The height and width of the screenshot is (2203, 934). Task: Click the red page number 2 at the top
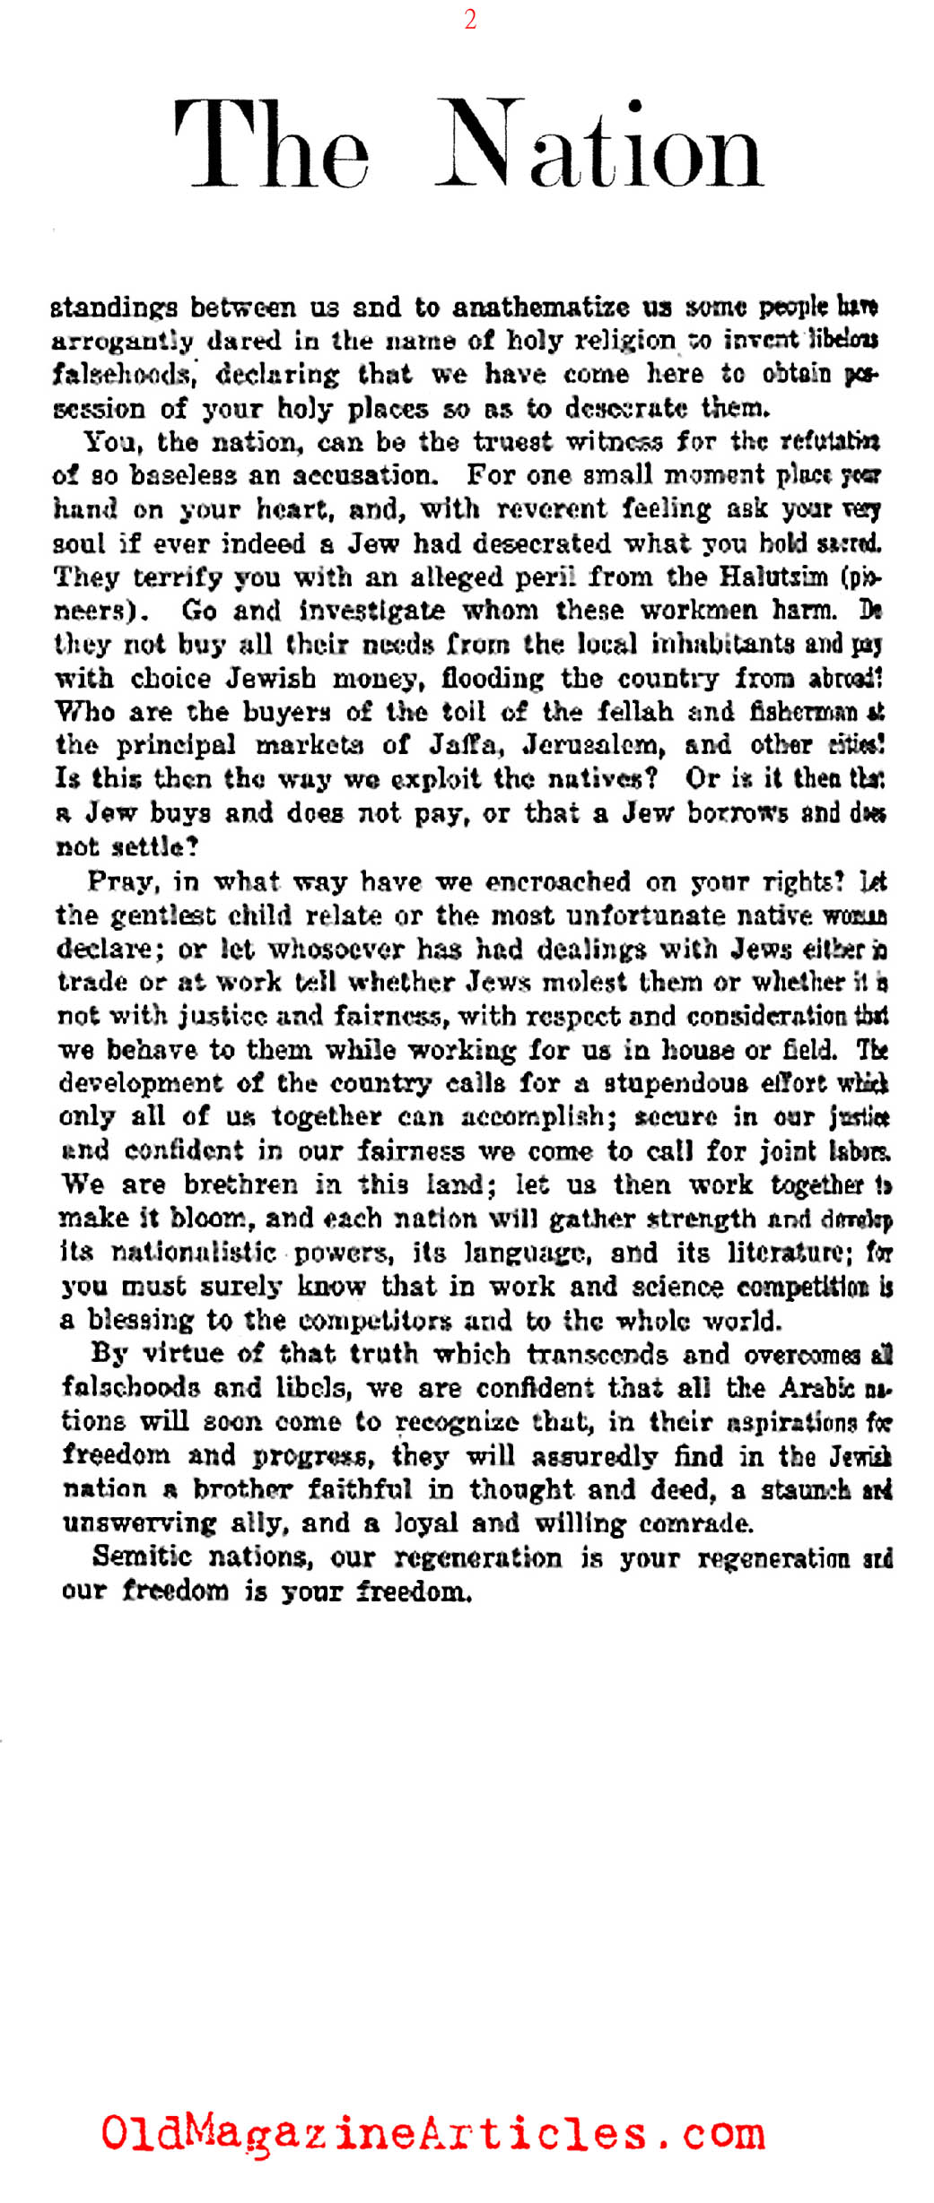tap(470, 20)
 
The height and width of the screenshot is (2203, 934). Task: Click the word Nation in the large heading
tap(598, 145)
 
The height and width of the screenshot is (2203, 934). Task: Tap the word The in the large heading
tap(271, 145)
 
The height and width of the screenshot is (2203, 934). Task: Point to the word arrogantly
tap(122, 342)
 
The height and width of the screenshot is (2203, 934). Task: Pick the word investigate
tap(371, 611)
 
